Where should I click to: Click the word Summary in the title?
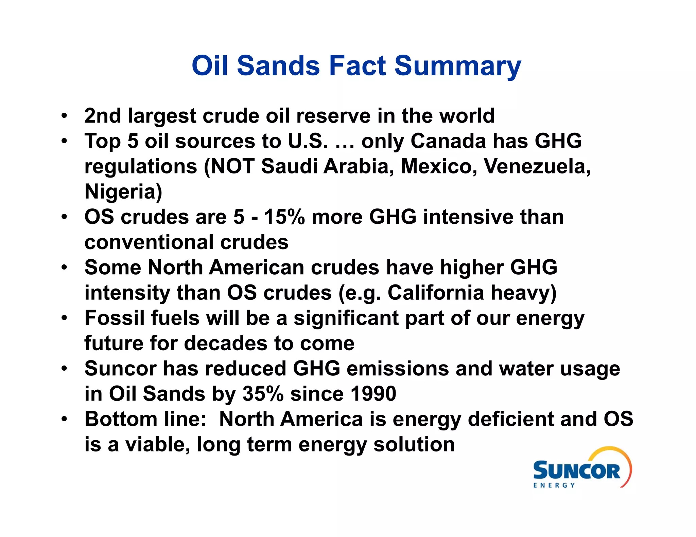(457, 66)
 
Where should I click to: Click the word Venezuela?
(537, 166)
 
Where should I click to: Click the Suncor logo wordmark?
(576, 471)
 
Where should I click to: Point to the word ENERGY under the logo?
(554, 485)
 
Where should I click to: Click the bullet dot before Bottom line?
(64, 419)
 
